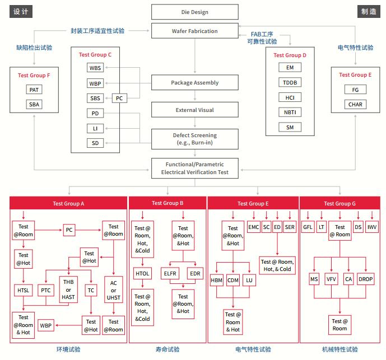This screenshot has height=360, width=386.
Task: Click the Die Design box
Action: pyautogui.click(x=194, y=11)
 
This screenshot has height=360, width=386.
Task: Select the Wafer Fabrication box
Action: pyautogui.click(x=194, y=31)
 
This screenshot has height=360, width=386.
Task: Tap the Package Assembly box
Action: pyautogui.click(x=194, y=83)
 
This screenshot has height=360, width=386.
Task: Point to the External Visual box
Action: pyautogui.click(x=194, y=110)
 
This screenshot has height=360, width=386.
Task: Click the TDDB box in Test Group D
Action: pyautogui.click(x=290, y=82)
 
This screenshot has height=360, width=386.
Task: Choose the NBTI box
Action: pyautogui.click(x=290, y=112)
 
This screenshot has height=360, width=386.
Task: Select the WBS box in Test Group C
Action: pyautogui.click(x=95, y=68)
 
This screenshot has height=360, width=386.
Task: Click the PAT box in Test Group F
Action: pyautogui.click(x=34, y=90)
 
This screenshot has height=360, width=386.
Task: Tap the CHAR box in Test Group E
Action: pyautogui.click(x=355, y=104)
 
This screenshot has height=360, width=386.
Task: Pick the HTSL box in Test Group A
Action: pyautogui.click(x=23, y=290)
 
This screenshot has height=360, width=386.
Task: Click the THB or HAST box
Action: pyautogui.click(x=68, y=286)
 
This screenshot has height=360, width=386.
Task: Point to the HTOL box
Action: pyautogui.click(x=142, y=273)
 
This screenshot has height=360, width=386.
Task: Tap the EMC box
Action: pyautogui.click(x=253, y=227)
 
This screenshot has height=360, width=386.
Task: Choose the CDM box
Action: pyautogui.click(x=233, y=280)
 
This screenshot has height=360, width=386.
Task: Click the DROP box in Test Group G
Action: pyautogui.click(x=366, y=279)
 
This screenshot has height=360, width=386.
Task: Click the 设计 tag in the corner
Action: pyautogui.click(x=20, y=11)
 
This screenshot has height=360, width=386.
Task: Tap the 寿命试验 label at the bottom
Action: pyautogui.click(x=168, y=349)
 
